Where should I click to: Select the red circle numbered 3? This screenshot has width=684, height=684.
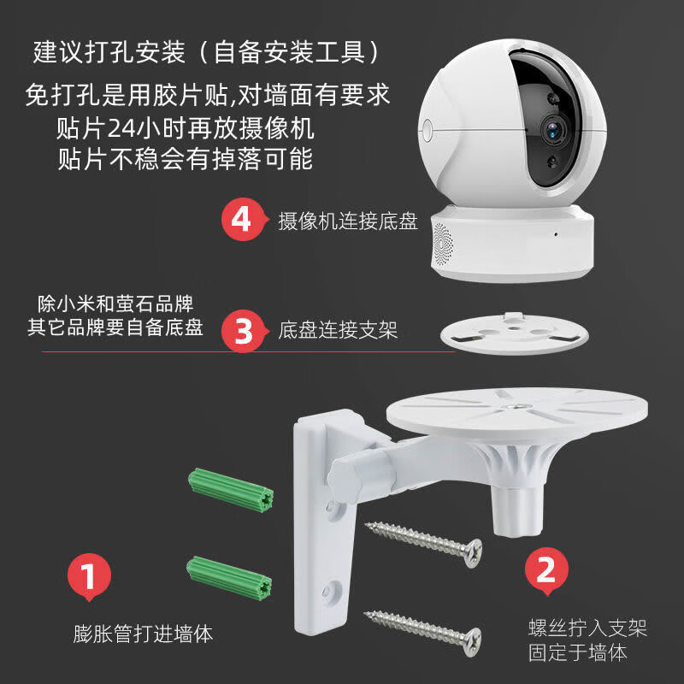pyautogui.click(x=244, y=330)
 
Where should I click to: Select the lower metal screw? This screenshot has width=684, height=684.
pyautogui.click(x=422, y=626)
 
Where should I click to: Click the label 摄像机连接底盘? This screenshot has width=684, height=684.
pyautogui.click(x=348, y=221)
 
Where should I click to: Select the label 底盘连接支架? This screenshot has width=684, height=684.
pyautogui.click(x=338, y=330)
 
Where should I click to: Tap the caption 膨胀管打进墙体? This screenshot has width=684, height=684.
pyautogui.click(x=143, y=634)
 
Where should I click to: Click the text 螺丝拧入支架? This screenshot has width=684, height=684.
pyautogui.click(x=585, y=629)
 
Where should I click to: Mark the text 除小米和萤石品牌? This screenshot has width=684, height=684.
pyautogui.click(x=115, y=304)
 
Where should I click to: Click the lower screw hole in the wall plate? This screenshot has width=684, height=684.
pyautogui.click(x=330, y=589)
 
